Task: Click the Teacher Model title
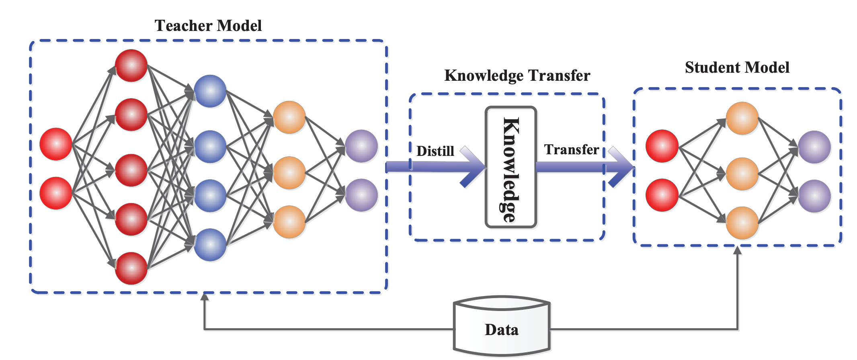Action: [208, 26]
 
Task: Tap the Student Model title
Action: [737, 67]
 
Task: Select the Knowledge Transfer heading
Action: [517, 76]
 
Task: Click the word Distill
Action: [435, 151]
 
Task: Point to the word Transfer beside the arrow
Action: [572, 149]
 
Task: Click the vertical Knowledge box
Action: [511, 167]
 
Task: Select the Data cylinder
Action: [502, 326]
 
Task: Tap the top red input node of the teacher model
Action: [56, 144]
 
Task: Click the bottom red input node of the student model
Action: [662, 195]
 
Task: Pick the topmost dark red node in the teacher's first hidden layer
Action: [131, 65]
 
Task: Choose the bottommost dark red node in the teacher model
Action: [131, 268]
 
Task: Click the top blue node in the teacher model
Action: [210, 91]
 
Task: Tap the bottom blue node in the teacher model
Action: [210, 245]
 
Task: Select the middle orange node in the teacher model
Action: [289, 173]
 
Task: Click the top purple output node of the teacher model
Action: [361, 146]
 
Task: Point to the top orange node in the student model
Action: [742, 118]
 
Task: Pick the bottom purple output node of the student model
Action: [814, 196]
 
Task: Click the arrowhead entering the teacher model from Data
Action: [205, 297]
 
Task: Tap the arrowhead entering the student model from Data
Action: [738, 250]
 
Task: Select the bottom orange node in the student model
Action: [742, 223]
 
